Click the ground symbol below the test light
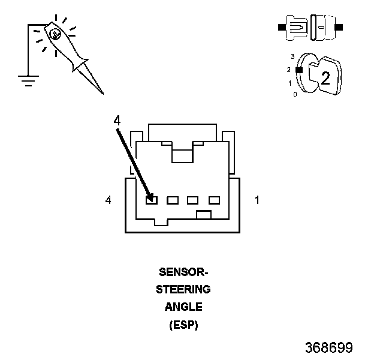[28, 80]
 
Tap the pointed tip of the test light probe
[103, 94]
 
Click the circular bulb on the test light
[55, 34]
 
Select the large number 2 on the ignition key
[325, 78]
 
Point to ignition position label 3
[292, 56]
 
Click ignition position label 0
[295, 95]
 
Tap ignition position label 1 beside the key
[290, 83]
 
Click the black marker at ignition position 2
[299, 70]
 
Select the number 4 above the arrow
[117, 121]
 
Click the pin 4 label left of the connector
[108, 200]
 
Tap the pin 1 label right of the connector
[257, 200]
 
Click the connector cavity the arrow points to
[152, 200]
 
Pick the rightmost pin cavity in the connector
[214, 200]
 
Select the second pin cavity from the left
[173, 200]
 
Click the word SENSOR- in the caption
[183, 272]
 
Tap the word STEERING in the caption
[183, 289]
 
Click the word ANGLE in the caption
[183, 307]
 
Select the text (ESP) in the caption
[183, 325]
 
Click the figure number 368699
[329, 347]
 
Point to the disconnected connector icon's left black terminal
[282, 27]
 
